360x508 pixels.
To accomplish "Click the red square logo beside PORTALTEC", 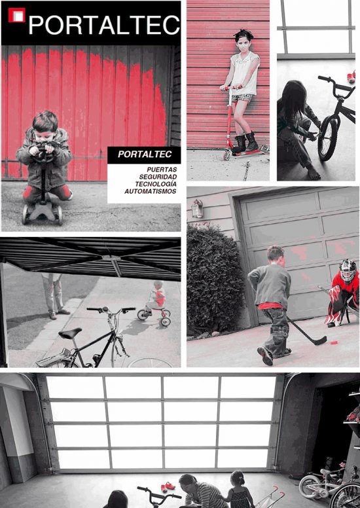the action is [16, 15].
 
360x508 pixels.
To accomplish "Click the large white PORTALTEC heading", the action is [104, 25].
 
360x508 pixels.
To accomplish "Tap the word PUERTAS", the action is [162, 170].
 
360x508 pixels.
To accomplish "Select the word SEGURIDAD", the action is [158, 177].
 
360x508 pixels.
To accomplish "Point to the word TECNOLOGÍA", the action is [156, 184].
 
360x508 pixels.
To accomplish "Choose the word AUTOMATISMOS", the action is [151, 191].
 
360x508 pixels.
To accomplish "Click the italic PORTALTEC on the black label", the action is [145, 154].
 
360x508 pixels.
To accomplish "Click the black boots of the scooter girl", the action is [245, 143].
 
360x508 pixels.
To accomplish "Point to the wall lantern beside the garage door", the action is [196, 209].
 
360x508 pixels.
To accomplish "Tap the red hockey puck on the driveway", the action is [333, 342].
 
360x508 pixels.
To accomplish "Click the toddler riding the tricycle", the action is [156, 298].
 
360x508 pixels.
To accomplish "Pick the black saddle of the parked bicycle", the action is [70, 333].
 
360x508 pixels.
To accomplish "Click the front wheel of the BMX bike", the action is [328, 138].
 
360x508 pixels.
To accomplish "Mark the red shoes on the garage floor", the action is [168, 486].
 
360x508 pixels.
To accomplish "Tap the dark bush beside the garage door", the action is [215, 280].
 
